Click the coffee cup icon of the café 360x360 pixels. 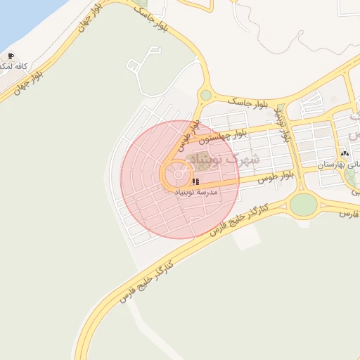(10, 56)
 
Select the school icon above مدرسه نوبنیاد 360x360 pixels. (194, 181)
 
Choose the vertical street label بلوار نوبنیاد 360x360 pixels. (283, 124)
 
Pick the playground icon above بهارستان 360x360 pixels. (344, 152)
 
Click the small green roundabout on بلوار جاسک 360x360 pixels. (205, 95)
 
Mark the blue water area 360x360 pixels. (21, 18)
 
